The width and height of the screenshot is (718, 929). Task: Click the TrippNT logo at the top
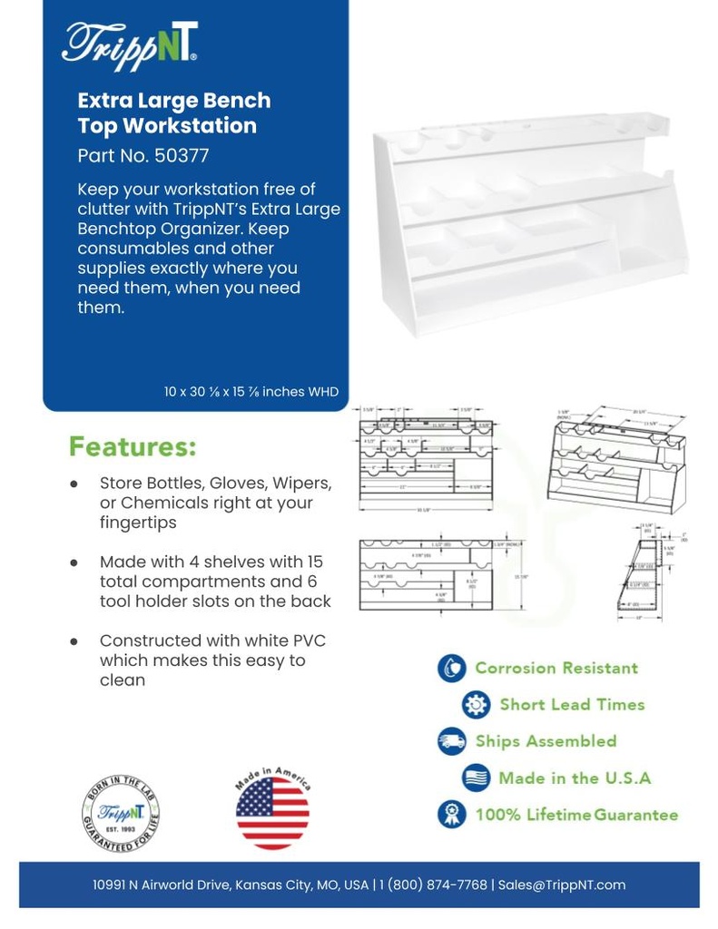click(129, 44)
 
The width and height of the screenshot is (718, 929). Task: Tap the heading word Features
click(133, 447)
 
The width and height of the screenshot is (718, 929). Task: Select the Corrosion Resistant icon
click(451, 669)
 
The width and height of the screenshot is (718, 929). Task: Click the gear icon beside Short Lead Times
click(476, 704)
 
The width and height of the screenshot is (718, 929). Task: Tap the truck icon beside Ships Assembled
click(451, 740)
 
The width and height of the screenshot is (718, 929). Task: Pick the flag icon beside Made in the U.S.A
click(476, 777)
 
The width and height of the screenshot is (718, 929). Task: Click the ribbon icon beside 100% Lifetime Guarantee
click(451, 814)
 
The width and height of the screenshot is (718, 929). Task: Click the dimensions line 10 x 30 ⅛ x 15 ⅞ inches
click(251, 392)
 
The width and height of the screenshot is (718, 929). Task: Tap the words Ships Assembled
click(546, 740)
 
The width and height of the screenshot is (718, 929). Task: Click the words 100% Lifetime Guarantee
click(576, 815)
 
